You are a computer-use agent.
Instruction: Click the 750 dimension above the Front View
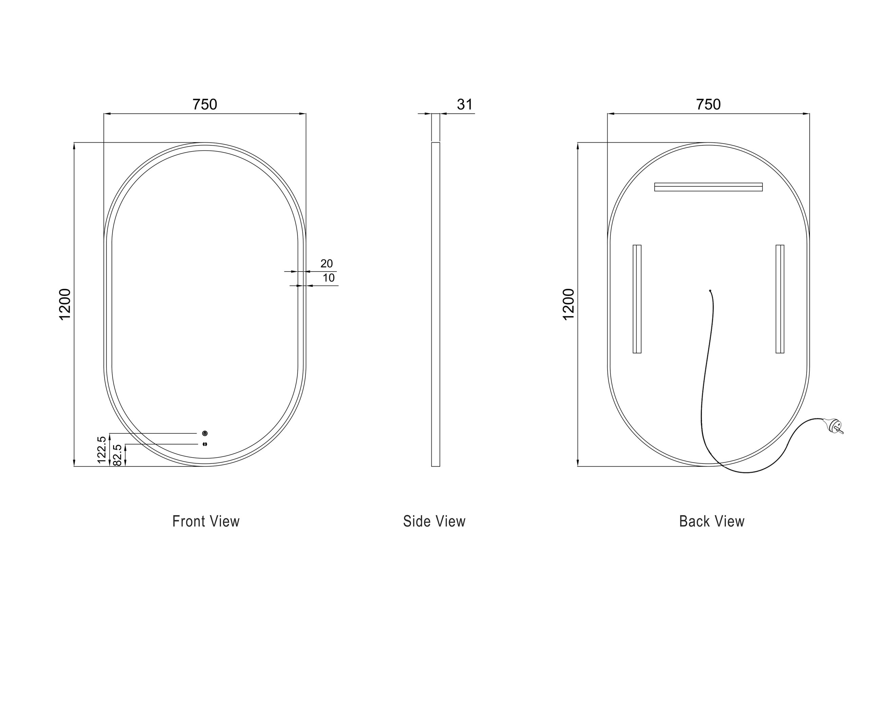(x=205, y=105)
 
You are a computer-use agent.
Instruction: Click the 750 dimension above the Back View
(x=708, y=105)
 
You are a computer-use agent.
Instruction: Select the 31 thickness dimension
(x=464, y=105)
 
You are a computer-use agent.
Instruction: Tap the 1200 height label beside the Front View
(x=65, y=304)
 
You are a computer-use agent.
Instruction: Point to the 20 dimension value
(x=326, y=264)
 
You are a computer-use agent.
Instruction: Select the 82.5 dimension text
(x=117, y=455)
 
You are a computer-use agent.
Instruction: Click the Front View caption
(x=206, y=521)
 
